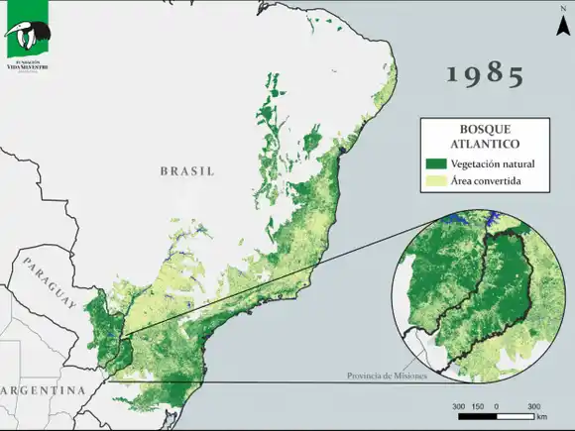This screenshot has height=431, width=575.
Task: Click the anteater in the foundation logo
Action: click(x=25, y=38)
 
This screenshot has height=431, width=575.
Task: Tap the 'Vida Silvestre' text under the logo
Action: click(x=27, y=67)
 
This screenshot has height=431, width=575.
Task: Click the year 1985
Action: click(x=485, y=73)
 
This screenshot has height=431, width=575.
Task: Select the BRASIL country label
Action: click(x=187, y=170)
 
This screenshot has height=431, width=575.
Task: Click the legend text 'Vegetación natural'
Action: click(x=493, y=164)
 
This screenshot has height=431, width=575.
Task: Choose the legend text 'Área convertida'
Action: click(x=486, y=181)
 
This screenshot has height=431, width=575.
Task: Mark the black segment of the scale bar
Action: click(x=476, y=416)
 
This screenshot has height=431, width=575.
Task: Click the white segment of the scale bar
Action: click(x=516, y=416)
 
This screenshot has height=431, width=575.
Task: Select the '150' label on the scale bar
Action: click(x=477, y=406)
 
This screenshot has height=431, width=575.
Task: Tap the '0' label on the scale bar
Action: click(x=496, y=406)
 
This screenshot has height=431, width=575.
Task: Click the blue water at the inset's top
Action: click(x=457, y=218)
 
